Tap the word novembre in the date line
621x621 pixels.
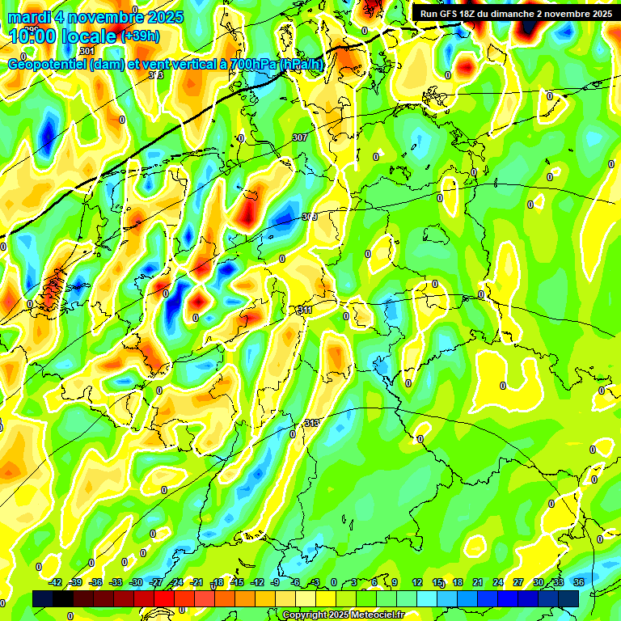pos(106,16)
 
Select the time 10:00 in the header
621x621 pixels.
pos(32,36)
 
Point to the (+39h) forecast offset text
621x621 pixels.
pos(139,36)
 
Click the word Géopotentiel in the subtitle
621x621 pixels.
pos(49,65)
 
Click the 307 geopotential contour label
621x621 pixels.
pos(299,137)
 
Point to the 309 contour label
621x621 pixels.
pos(309,217)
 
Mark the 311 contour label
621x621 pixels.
pos(304,310)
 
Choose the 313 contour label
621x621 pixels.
pos(312,423)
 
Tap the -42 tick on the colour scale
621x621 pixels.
pos(56,582)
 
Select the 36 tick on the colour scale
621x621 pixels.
pos(579,582)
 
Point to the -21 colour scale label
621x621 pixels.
pos(196,582)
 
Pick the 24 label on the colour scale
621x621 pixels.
pos(498,582)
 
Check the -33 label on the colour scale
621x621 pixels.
pos(116,582)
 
